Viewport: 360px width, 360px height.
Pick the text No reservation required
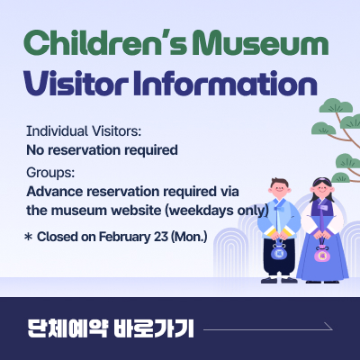coord(102,148)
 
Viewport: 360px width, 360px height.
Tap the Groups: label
coord(51,173)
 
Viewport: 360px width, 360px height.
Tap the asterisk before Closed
coord(28,238)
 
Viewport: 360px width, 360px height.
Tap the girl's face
coord(321,194)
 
